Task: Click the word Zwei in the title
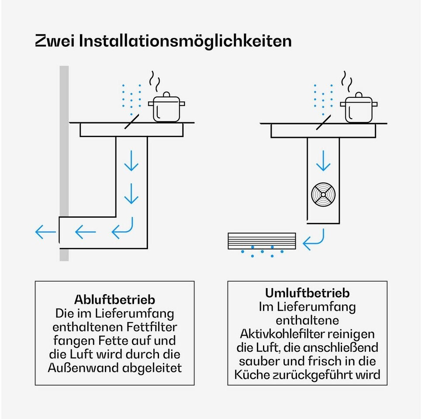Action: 55,41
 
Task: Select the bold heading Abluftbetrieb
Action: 114,299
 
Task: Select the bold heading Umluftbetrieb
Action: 308,293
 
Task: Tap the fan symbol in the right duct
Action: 323,195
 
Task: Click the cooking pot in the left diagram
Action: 166,107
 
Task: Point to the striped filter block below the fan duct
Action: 262,241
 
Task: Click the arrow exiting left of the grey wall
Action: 45,232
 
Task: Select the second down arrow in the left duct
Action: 131,194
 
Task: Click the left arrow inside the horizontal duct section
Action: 85,232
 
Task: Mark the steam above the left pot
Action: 155,81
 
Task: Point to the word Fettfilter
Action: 152,327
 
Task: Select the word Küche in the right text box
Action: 252,374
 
